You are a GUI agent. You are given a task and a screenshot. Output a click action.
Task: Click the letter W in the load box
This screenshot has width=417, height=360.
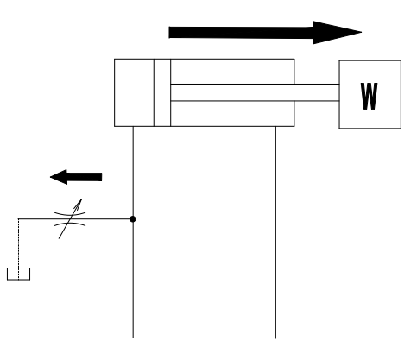(x=369, y=97)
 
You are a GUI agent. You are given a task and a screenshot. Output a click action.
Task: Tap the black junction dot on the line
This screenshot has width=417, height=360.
(x=133, y=219)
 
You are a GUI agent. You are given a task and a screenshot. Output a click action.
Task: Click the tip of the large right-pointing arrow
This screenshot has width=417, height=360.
(x=362, y=32)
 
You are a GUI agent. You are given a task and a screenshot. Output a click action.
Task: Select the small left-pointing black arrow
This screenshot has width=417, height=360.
(x=76, y=177)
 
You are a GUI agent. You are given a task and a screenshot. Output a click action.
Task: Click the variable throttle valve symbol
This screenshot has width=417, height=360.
(x=70, y=219)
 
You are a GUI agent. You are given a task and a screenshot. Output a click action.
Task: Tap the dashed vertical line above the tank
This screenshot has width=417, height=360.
(x=19, y=249)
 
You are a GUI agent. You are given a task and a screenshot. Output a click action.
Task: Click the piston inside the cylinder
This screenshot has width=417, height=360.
(x=162, y=92)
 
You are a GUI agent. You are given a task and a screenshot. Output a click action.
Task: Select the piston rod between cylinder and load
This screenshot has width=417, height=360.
(x=255, y=92)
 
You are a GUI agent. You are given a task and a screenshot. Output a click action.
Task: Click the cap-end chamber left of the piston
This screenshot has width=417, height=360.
(x=134, y=92)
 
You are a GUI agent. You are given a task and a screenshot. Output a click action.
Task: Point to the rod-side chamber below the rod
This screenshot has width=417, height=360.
(x=232, y=114)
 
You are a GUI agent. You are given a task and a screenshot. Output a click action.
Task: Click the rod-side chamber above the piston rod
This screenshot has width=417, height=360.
(x=232, y=72)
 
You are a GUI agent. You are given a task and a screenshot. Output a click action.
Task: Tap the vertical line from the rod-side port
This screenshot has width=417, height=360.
(x=275, y=232)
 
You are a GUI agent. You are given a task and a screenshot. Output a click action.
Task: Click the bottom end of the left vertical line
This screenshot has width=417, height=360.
(x=133, y=338)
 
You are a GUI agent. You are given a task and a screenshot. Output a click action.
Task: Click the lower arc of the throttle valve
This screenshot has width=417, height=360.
(x=70, y=224)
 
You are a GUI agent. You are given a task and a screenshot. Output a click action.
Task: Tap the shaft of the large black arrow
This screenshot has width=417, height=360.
(x=241, y=33)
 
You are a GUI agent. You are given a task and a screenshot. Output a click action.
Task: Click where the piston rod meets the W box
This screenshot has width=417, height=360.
(x=339, y=92)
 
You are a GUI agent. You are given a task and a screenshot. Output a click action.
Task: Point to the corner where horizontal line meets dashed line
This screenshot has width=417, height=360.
(x=19, y=219)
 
